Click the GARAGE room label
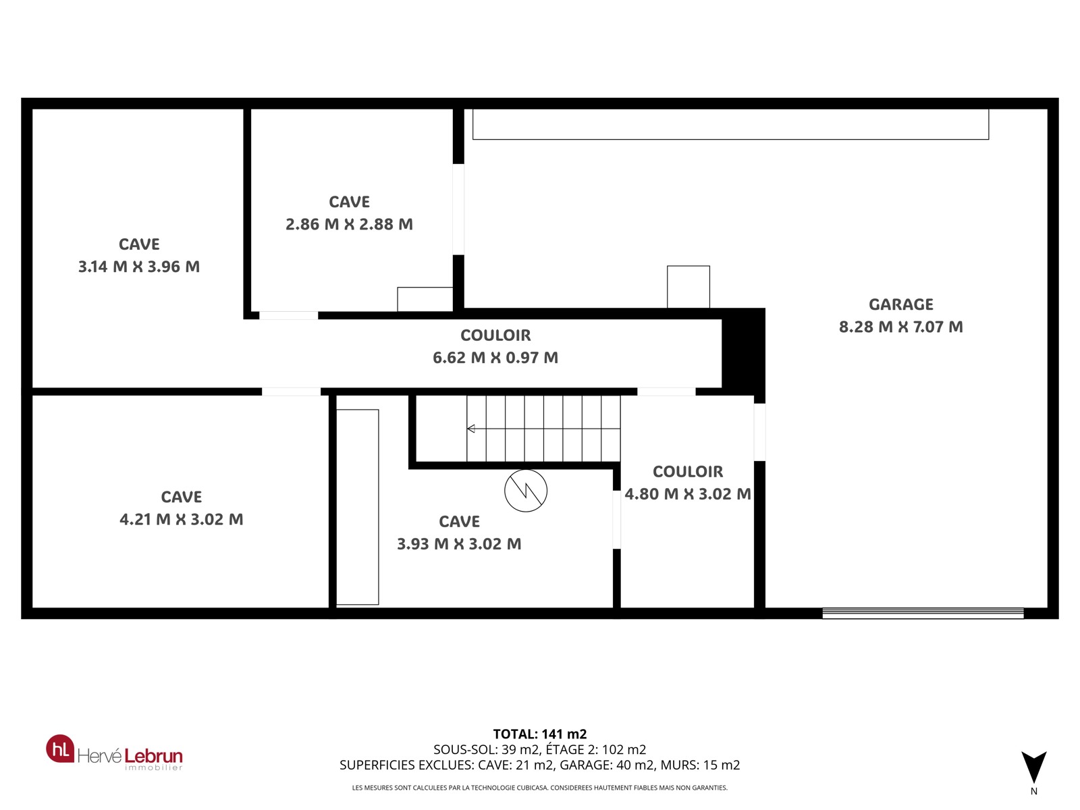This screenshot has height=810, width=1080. (x=900, y=304)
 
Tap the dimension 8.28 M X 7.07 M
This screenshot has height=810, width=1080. (x=900, y=327)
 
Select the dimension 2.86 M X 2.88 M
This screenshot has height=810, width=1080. (x=349, y=224)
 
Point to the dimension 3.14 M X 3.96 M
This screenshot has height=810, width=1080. (x=139, y=267)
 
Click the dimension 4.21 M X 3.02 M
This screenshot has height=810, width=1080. (x=181, y=519)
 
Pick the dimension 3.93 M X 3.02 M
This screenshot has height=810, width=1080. (x=458, y=544)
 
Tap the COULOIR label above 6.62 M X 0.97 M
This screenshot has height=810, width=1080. (x=495, y=335)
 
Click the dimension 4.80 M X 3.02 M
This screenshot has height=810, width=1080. (x=687, y=494)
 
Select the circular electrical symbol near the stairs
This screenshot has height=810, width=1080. (x=525, y=491)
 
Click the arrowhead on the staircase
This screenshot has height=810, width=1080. (x=470, y=429)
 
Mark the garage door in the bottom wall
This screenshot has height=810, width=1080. (x=923, y=614)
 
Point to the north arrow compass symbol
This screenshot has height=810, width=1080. (x=1033, y=767)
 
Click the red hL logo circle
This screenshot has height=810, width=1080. (x=61, y=749)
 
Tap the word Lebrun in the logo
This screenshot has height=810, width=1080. (x=153, y=755)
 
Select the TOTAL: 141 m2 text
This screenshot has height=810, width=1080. (x=540, y=734)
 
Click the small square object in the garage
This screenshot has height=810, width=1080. (x=688, y=288)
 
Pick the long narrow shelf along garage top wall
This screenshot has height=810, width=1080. (x=730, y=124)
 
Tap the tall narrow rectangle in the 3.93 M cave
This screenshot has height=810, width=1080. (x=358, y=507)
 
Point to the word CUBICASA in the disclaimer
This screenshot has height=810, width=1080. (x=531, y=787)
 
